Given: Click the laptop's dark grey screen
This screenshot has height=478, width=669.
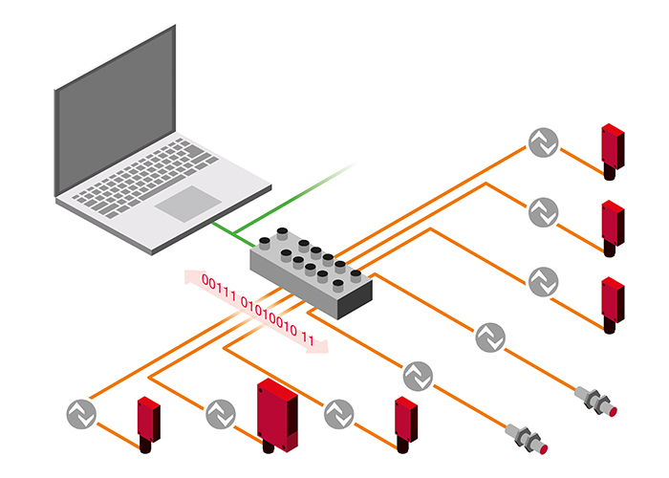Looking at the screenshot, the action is click(116, 110).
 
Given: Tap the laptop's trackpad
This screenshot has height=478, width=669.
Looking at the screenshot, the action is click(188, 204).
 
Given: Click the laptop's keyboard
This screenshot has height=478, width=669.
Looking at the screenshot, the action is click(146, 176).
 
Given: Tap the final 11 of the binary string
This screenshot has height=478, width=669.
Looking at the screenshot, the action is click(308, 337).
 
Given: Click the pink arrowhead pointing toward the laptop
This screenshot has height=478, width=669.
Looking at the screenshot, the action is click(191, 276).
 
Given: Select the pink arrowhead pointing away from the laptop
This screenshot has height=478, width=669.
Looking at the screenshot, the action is click(319, 346).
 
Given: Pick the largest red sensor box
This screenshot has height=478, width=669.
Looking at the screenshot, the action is click(277, 415).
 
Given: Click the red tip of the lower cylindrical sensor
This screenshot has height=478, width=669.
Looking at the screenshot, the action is click(542, 449).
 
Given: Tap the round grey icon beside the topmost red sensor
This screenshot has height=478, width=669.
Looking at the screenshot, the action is click(543, 142).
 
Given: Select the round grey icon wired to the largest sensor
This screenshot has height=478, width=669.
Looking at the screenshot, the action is click(221, 414).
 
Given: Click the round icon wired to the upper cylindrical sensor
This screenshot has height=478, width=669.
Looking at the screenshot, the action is click(490, 337).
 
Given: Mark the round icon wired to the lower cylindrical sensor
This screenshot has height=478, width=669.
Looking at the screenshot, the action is click(418, 376).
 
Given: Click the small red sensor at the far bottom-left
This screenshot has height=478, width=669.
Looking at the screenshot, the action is click(148, 424).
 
